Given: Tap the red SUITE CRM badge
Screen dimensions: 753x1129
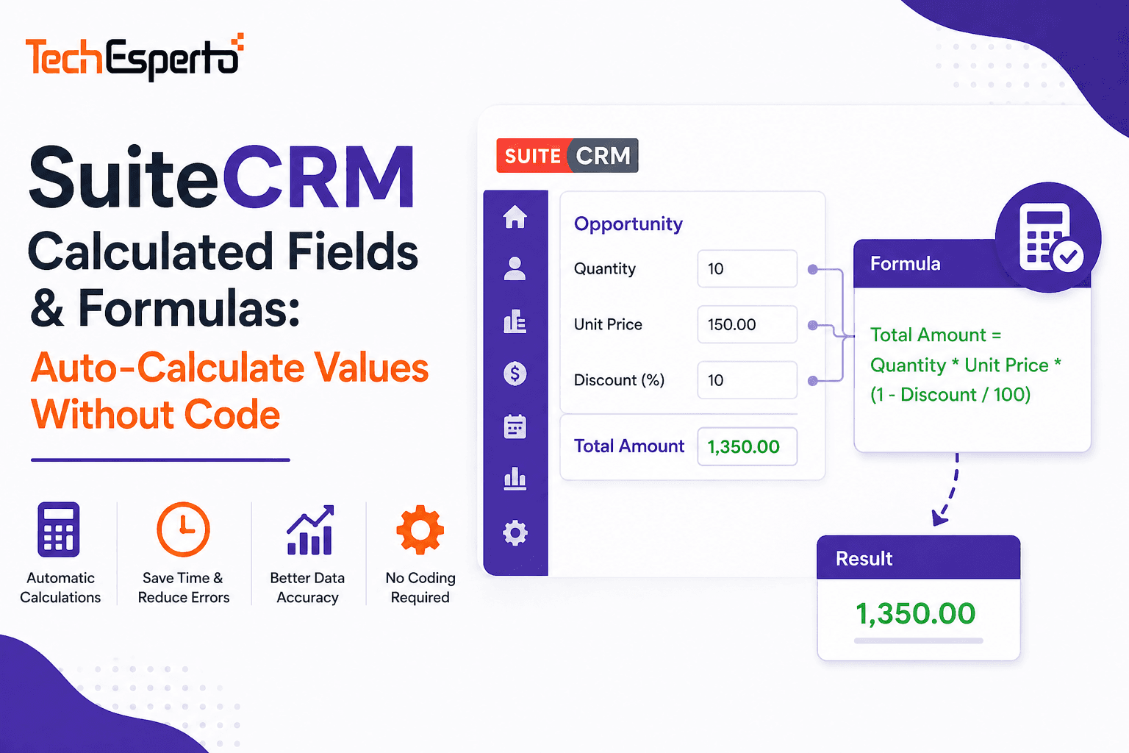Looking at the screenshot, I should coord(567,155).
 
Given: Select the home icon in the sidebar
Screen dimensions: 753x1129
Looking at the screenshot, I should coord(515,217).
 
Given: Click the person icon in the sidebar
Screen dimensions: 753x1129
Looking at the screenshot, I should coord(515,268).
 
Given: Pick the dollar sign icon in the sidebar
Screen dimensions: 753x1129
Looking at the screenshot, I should coord(515,374).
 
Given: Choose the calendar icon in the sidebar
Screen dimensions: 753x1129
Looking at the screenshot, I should coord(515,427).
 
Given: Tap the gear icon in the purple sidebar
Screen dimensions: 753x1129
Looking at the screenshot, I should coord(515,532).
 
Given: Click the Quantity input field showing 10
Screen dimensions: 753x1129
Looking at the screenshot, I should coord(747,268).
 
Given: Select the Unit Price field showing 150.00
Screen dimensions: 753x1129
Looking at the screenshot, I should coord(747,324).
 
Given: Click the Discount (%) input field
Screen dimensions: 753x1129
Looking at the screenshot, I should coord(747,380).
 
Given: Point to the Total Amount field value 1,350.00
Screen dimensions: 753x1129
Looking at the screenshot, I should coord(747,446).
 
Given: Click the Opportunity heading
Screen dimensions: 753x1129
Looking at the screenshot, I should coord(628,224).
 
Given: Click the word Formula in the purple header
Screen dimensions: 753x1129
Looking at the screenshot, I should coord(905,264).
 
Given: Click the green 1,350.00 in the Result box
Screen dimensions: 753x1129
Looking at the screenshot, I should coord(915,613).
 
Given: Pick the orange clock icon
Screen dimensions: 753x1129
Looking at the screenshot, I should coord(183,529).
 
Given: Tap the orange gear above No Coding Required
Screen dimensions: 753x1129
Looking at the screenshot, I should coord(420,529).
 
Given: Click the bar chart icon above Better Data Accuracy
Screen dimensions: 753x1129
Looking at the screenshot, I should coord(310,531).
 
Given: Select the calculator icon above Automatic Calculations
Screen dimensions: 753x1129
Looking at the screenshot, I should coord(59,529).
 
